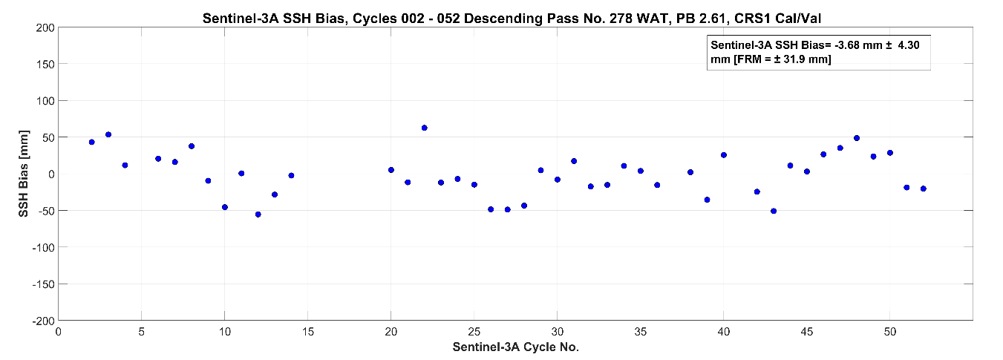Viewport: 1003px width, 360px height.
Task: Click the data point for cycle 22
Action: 424,128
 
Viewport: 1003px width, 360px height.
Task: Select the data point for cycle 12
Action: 258,215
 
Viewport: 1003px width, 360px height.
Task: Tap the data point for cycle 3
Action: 108,134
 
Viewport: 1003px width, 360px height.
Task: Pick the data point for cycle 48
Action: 857,138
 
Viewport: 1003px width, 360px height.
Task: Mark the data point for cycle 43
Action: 774,211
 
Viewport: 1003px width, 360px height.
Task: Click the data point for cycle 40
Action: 724,155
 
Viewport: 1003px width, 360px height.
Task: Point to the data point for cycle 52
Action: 923,189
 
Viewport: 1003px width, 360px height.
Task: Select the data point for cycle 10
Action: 224,207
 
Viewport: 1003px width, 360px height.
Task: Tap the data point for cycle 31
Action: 574,161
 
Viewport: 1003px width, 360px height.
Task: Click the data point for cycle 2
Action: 91,142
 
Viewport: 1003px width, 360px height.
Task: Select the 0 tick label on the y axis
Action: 50,174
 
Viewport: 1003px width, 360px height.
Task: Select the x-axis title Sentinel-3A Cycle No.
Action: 516,347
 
